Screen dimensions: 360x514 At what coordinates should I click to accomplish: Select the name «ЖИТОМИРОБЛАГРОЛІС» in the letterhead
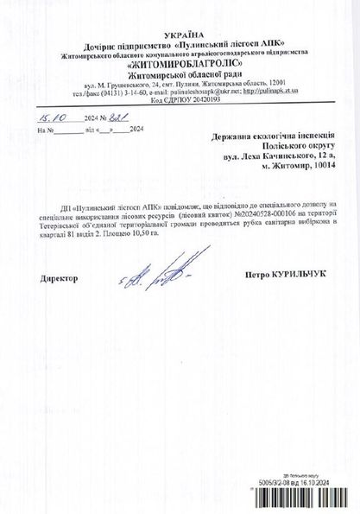point(180,63)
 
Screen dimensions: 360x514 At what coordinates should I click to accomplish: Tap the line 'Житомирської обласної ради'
point(180,75)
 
